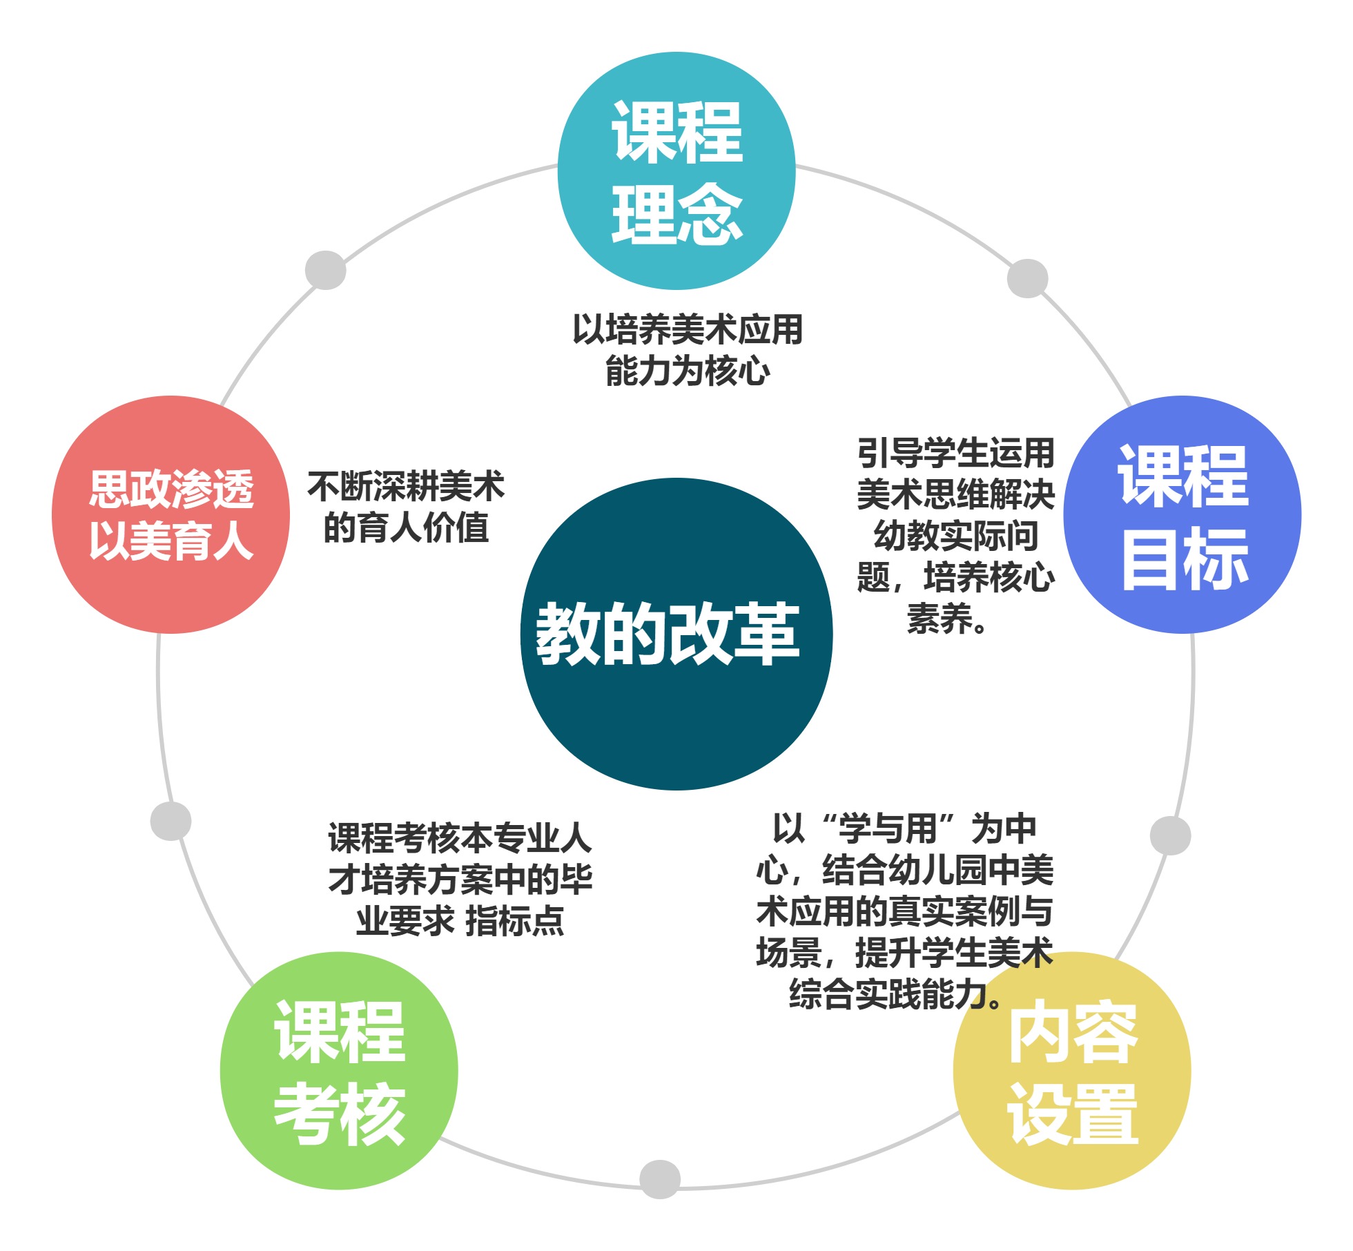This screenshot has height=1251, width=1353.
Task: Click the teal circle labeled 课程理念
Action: (676, 171)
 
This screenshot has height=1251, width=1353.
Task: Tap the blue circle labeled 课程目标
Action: (1182, 514)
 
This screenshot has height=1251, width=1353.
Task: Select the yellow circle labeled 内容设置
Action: (1072, 1070)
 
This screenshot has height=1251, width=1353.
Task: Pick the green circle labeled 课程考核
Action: (339, 1070)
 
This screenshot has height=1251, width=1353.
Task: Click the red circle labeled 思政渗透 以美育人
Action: (171, 514)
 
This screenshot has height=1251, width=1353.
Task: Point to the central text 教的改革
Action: (668, 633)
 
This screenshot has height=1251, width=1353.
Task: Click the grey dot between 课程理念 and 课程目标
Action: (1027, 278)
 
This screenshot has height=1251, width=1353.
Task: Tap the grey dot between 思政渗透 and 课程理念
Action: (325, 270)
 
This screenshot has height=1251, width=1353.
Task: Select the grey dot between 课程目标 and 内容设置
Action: (1170, 835)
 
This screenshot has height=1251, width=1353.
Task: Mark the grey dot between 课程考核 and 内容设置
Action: (660, 1179)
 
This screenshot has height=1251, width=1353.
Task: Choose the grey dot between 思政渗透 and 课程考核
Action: (171, 821)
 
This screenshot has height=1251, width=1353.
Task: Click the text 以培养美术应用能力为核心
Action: (688, 350)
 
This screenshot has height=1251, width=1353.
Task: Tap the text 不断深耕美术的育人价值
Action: (406, 507)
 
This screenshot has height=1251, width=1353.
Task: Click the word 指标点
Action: (515, 921)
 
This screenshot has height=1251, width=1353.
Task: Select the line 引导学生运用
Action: (956, 454)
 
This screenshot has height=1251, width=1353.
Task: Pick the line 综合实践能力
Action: (888, 994)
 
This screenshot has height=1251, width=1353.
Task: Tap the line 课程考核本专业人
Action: (460, 838)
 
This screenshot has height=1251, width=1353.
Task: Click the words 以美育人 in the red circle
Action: (171, 541)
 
